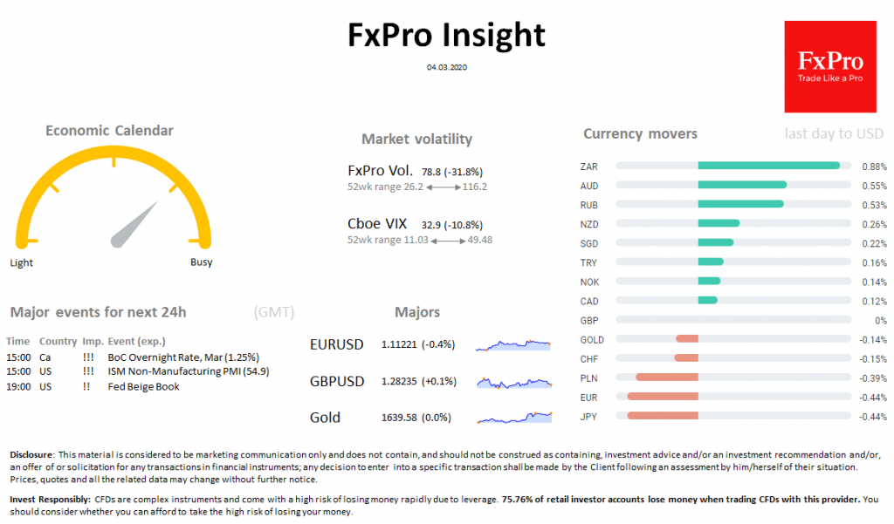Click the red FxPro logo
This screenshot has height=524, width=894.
point(829,67)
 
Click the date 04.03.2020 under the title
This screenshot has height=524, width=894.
point(447,66)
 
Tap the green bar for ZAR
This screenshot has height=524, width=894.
point(768,166)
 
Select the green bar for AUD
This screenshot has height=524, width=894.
point(742,185)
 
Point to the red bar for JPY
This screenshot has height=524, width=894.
point(663,416)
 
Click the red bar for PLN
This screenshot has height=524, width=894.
point(667,378)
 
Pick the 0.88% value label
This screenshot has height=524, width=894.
point(874,166)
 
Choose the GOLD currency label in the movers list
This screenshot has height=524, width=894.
point(591,339)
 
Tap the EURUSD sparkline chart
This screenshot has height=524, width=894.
point(513,345)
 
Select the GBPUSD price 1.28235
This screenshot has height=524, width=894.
point(399,382)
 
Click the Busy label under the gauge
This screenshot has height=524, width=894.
point(202,262)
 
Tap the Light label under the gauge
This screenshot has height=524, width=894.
point(22,262)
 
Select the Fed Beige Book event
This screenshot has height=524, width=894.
point(144,386)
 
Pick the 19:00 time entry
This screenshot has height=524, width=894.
point(17,386)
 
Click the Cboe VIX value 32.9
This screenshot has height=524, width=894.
point(432,224)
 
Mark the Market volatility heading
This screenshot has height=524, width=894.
point(416,140)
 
